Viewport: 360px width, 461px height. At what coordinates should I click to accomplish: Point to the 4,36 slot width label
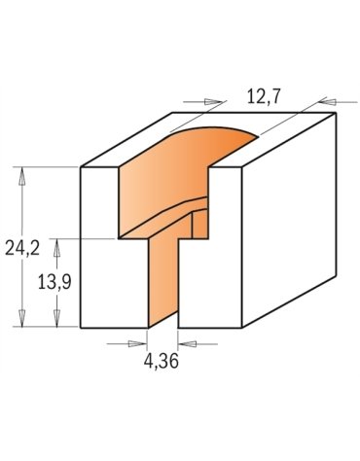[162, 362]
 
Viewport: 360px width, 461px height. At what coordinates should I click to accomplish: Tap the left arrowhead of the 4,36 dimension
[139, 342]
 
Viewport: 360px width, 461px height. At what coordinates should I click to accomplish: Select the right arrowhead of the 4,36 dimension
[186, 342]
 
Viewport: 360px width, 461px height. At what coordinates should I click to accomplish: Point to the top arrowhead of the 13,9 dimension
[55, 244]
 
